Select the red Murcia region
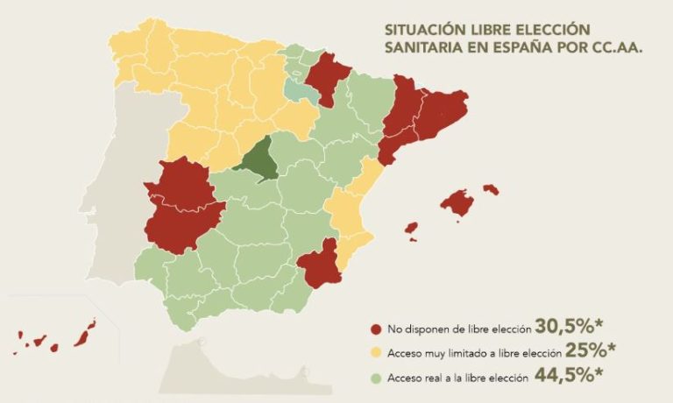pyautogui.click(x=320, y=264)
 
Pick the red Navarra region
pyautogui.click(x=329, y=77)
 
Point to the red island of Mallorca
pyautogui.click(x=458, y=202)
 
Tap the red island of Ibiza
pyautogui.click(x=410, y=228)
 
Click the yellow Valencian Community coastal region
pyautogui.click(x=351, y=215)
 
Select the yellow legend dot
pyautogui.click(x=376, y=352)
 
